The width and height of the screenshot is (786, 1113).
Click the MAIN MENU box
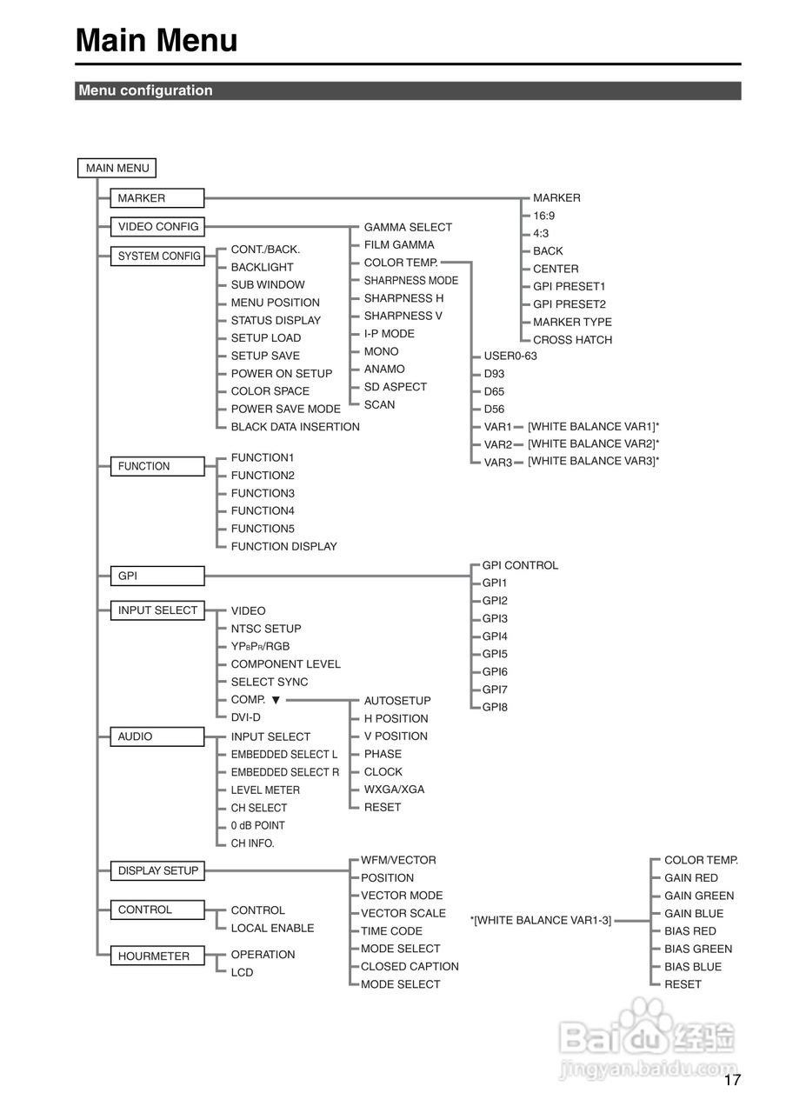[x=117, y=168]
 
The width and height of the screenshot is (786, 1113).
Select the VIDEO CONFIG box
[x=158, y=227]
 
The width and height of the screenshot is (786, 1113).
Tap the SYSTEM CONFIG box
[x=158, y=257]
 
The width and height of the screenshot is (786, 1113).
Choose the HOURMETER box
[x=153, y=956]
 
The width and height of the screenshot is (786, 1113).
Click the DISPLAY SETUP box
[x=158, y=870]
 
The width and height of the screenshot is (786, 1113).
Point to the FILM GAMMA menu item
[x=398, y=245]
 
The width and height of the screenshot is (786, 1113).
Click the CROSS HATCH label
[x=572, y=340]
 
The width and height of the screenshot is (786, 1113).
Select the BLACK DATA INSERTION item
[x=295, y=427]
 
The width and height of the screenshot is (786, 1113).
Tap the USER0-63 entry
[x=510, y=356]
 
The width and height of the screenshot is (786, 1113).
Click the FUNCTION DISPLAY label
[x=283, y=547]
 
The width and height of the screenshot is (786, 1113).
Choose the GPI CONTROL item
[x=520, y=565]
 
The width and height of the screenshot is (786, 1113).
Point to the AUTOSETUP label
[x=396, y=701]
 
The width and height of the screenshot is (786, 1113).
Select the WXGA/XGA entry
[x=394, y=790]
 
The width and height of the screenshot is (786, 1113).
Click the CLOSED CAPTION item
[x=410, y=966]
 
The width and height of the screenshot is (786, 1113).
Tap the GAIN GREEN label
[x=699, y=896]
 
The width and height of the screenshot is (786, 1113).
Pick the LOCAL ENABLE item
[x=272, y=928]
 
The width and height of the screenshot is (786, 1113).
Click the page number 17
[x=732, y=1081]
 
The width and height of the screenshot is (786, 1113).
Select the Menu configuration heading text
[x=145, y=90]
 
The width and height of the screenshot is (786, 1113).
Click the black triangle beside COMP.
[x=276, y=700]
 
